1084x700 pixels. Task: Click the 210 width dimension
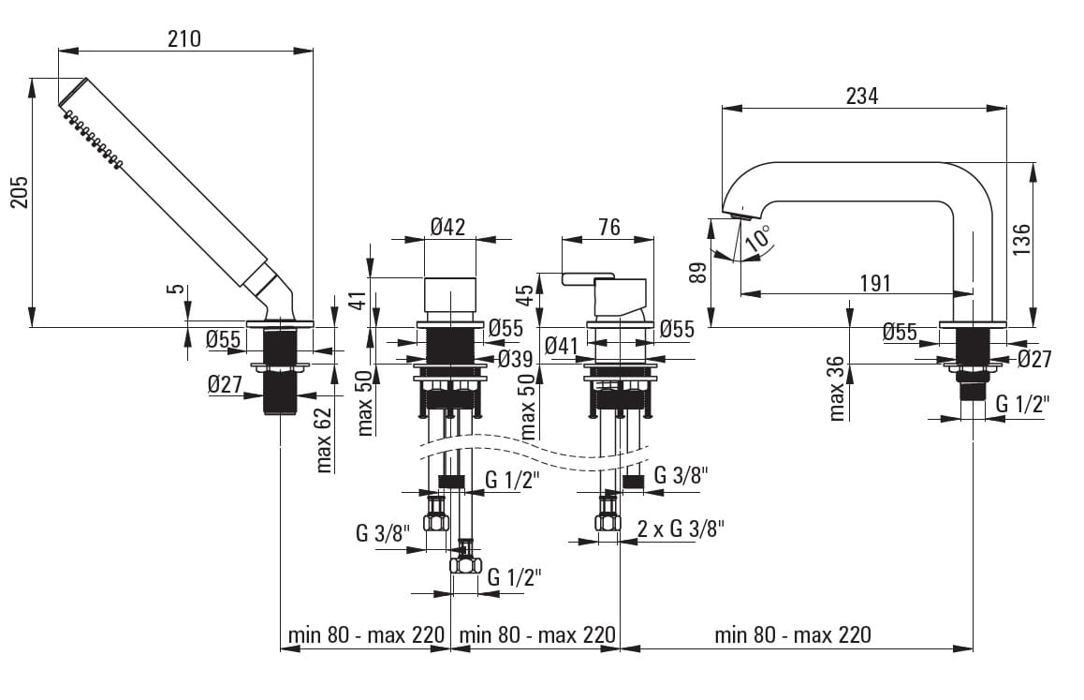point(184,38)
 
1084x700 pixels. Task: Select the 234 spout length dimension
point(861,96)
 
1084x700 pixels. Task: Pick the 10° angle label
point(759,236)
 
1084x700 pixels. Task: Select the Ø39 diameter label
point(515,358)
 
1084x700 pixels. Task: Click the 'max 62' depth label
point(325,439)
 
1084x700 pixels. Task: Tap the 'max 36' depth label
point(837,387)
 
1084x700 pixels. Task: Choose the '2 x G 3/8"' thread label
point(681,528)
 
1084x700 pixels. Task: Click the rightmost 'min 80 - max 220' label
point(792,634)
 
